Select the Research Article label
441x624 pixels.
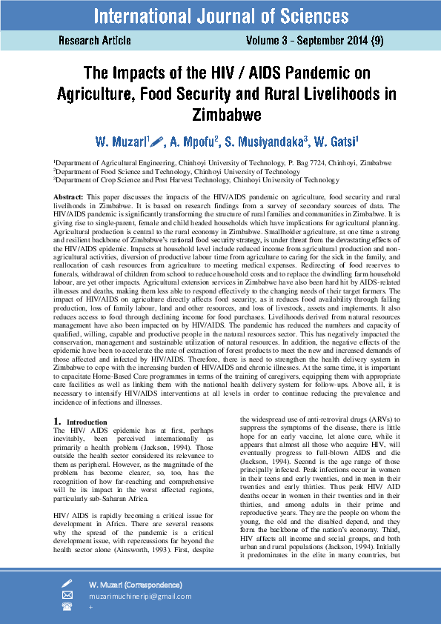(x=95, y=41)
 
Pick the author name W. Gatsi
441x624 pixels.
(x=335, y=141)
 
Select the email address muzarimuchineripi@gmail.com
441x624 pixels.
(x=140, y=596)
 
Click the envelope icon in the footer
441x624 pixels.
(x=67, y=595)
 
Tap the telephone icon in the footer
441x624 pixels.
(x=67, y=606)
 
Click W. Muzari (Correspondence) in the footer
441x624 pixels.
(x=135, y=585)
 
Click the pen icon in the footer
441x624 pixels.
(x=67, y=584)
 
